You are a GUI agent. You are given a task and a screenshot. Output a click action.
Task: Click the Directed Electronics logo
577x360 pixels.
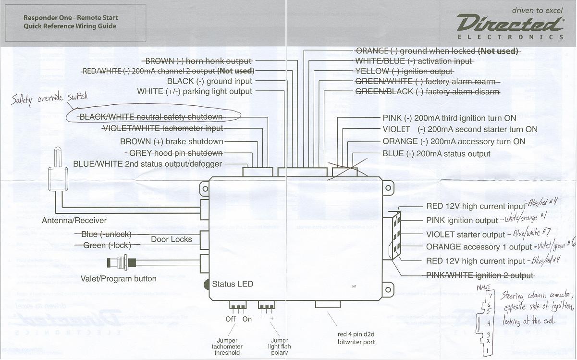[510, 25]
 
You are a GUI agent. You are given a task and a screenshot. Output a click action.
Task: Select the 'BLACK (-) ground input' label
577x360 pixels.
[209, 81]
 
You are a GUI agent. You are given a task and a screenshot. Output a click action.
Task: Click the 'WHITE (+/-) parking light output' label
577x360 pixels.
[195, 91]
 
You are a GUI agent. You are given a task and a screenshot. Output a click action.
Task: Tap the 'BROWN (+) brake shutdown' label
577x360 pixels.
[172, 141]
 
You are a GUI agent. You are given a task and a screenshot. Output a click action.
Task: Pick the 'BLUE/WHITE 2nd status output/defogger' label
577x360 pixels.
[147, 164]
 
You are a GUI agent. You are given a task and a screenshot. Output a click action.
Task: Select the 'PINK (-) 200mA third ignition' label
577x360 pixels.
[449, 118]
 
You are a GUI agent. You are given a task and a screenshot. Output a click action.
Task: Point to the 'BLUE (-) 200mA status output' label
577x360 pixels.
[436, 154]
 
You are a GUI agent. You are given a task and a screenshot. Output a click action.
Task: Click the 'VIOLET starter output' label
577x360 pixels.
[466, 235]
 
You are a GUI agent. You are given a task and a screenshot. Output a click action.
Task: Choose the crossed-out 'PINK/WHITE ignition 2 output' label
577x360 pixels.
[480, 275]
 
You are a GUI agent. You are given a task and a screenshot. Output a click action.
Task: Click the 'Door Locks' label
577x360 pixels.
[172, 239]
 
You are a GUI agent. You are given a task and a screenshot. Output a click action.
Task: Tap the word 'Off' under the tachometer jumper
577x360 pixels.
[231, 319]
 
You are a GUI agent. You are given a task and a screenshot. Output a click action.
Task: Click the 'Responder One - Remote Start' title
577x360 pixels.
[71, 18]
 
